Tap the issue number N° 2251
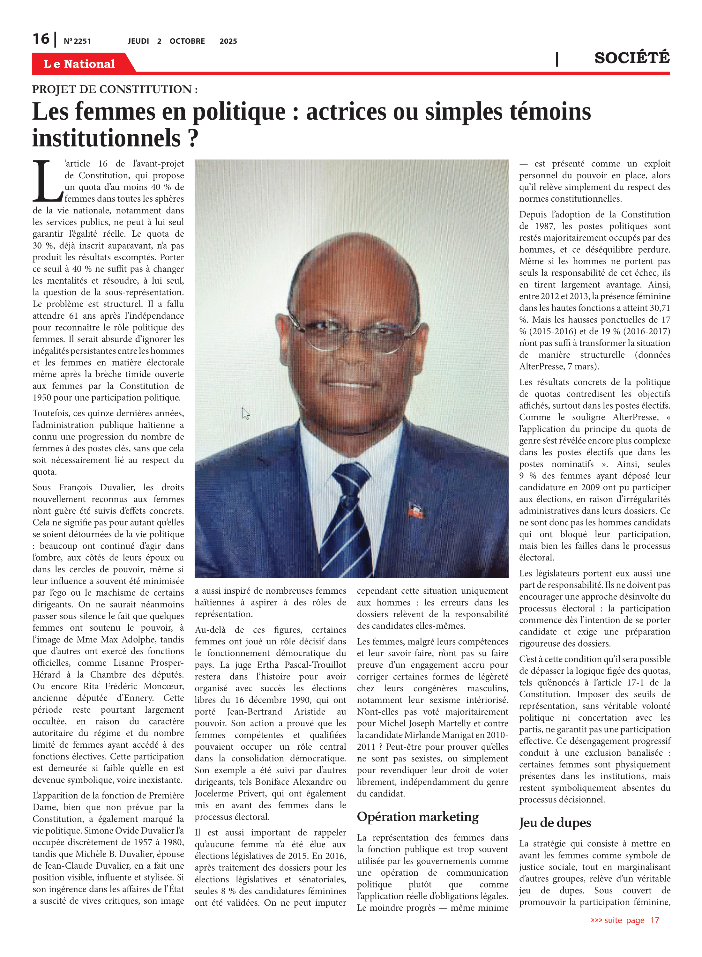77,41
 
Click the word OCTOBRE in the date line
187,41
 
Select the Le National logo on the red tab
79,64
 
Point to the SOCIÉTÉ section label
631,58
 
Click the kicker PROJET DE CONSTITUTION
115,89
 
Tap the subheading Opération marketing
417,816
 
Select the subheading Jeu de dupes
555,822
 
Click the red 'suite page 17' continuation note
625,920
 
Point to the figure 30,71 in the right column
657,308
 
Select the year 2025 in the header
228,41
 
